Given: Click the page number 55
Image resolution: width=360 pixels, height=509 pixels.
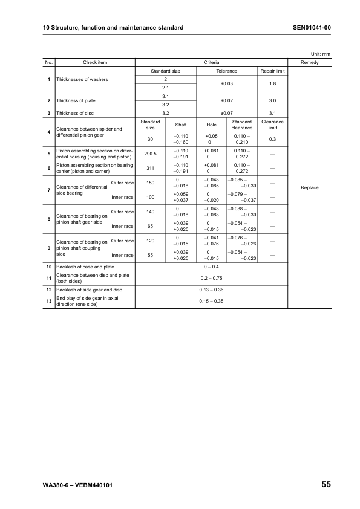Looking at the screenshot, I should [326, 485].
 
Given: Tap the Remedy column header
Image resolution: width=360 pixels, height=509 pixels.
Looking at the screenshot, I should [309, 62].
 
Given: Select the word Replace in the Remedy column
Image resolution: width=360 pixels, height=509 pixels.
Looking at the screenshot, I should [309, 187].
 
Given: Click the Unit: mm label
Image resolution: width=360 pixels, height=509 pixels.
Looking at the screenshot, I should [321, 54].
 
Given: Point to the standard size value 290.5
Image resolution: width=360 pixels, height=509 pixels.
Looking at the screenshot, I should [151, 154].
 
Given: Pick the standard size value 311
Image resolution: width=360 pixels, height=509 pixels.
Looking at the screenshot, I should [151, 169].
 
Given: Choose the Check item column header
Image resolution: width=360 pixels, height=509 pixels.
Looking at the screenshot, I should [95, 62].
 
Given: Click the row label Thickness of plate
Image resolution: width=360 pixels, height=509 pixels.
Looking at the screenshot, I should [76, 100].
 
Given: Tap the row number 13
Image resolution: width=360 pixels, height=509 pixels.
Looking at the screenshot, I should [48, 301].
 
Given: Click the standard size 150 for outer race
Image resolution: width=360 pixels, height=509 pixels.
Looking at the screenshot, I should [151, 183].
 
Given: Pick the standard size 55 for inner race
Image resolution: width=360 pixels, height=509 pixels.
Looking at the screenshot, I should [151, 256].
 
